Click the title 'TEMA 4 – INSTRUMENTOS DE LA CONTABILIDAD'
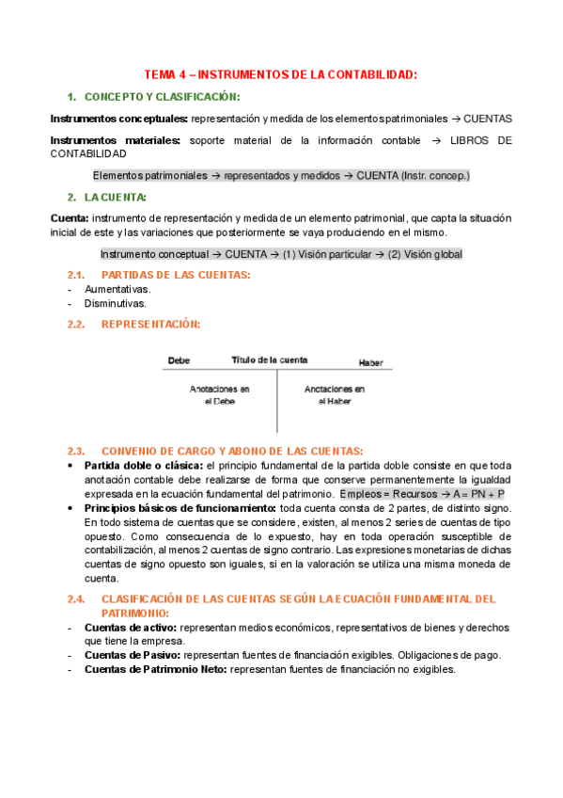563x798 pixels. tap(280, 74)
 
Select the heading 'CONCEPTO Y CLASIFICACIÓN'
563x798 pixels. tap(162, 97)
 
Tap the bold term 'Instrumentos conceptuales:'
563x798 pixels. tap(118, 120)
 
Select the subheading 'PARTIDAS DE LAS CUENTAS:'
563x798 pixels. tap(175, 275)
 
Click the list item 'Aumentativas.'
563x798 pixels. tap(117, 290)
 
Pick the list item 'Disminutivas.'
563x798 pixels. tap(117, 304)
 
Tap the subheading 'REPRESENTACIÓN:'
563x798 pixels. tap(150, 324)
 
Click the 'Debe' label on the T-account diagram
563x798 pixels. tap(179, 361)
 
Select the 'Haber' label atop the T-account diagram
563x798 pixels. tap(370, 363)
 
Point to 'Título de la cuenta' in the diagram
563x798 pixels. tap(270, 360)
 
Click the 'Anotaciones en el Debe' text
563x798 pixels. tap(219, 395)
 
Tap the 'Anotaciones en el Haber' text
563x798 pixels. tap(334, 395)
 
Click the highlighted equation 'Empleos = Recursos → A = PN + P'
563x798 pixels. tap(422, 494)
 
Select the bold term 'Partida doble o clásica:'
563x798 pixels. tap(143, 466)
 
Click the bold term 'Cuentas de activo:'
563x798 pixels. tap(130, 627)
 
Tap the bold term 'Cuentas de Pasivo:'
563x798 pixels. tap(133, 655)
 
